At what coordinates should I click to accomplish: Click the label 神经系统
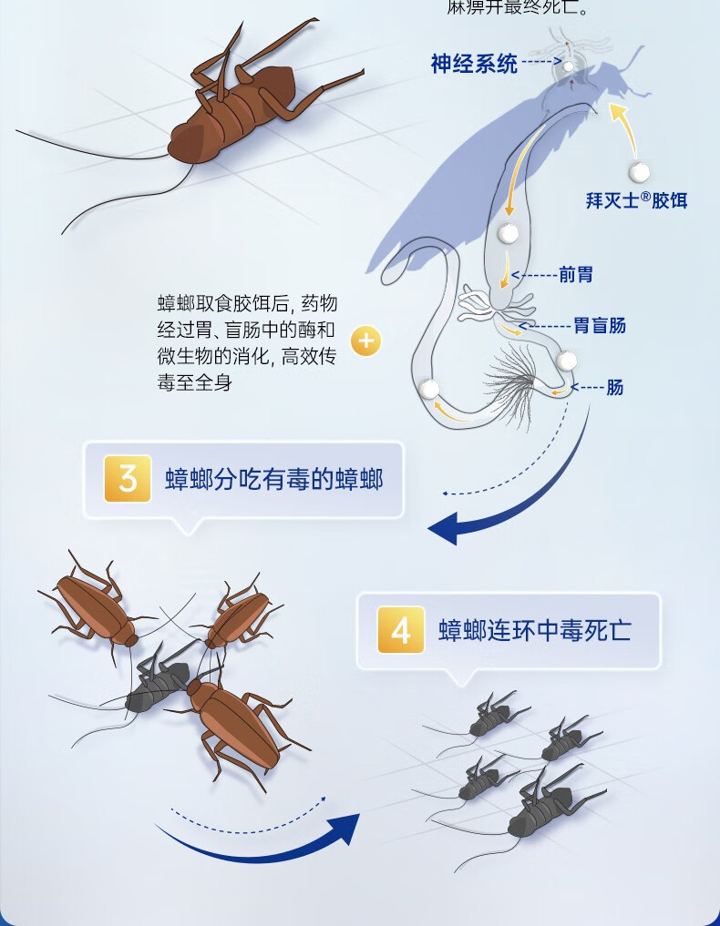coord(474,64)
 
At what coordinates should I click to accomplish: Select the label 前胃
coord(576,274)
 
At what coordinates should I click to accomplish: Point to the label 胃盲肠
coord(600,325)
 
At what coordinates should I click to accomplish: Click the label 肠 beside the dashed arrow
coord(615,387)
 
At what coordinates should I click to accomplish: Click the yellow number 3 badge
coord(128,479)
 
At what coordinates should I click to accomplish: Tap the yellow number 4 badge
coord(401,631)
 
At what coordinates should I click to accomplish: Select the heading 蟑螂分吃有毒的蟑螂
coord(273,480)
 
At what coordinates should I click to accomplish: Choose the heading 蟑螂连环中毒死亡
coord(534,631)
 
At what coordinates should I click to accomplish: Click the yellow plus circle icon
coord(365,341)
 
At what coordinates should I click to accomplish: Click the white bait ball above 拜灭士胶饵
coord(640,171)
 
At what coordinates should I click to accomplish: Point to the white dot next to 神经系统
coord(570,66)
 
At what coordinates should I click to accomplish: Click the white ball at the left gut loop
coord(429,390)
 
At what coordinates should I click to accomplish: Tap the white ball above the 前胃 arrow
coord(508,233)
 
